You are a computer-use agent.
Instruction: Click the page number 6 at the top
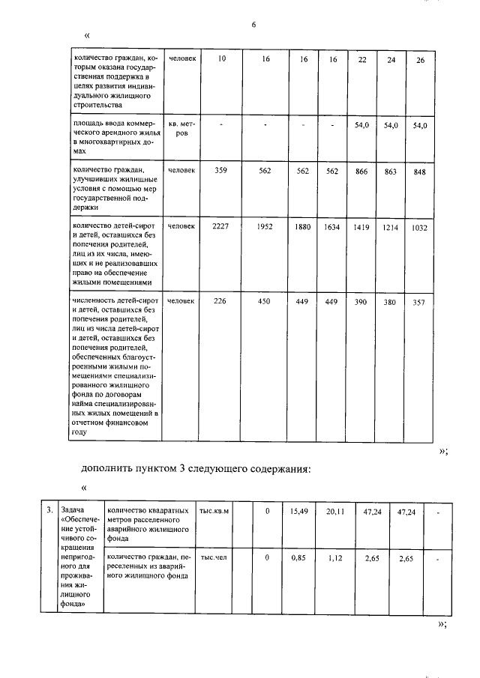click(253, 25)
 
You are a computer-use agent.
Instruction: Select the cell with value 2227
click(220, 227)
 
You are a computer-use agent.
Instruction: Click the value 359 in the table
click(220, 171)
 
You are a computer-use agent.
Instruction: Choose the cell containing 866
click(361, 172)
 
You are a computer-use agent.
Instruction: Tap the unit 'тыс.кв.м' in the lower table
click(214, 511)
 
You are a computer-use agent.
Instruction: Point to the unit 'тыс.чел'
click(214, 557)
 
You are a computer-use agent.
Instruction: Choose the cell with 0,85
click(299, 557)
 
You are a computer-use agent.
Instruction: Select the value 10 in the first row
click(220, 58)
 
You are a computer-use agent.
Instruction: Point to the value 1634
click(332, 227)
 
